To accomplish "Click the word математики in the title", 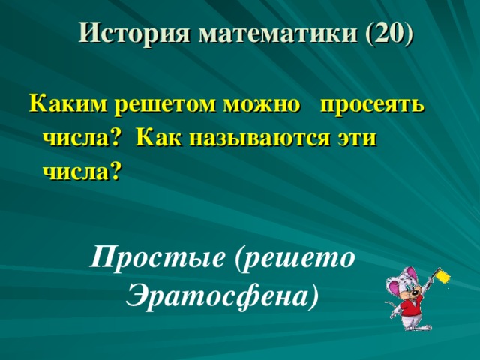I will pyautogui.click(x=277, y=33).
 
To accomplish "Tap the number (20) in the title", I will pyautogui.click(x=388, y=33).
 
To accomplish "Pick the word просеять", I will pyautogui.click(x=373, y=106).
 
